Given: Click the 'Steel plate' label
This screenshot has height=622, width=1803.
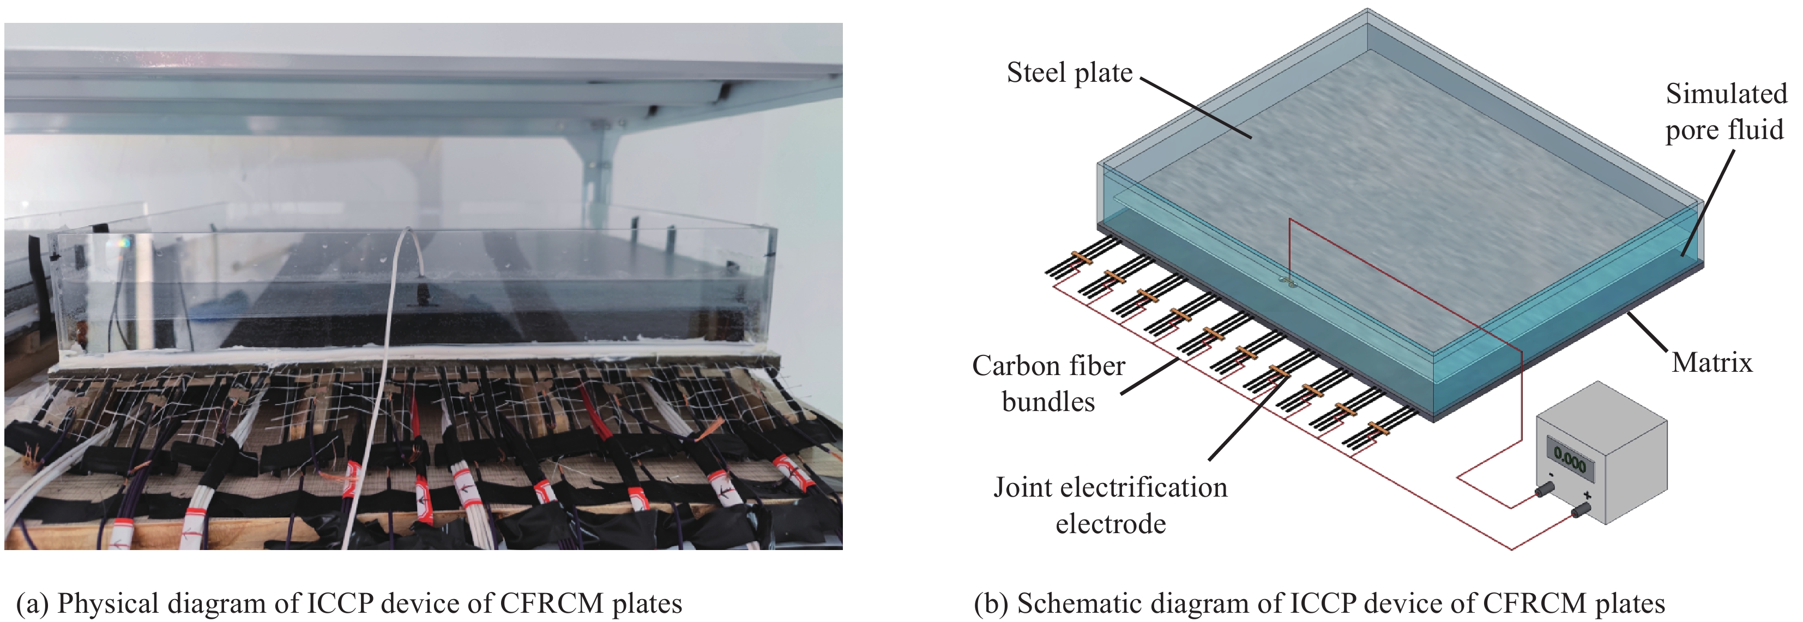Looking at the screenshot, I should [1069, 73].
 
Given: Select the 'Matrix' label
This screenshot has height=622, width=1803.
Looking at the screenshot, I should [1711, 363].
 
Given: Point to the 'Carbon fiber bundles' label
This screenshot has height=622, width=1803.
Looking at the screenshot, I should [1048, 383].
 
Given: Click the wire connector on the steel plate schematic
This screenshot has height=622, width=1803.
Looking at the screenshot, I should [1288, 282].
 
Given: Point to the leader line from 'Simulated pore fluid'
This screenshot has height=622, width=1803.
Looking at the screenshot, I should [1708, 203].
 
